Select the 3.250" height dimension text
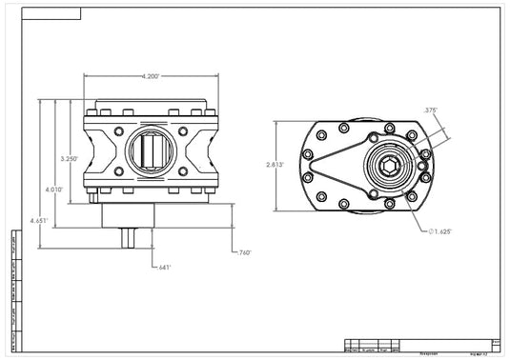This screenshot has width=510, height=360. [69, 158]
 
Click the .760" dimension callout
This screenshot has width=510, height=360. [243, 252]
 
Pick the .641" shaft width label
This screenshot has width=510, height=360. [165, 267]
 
